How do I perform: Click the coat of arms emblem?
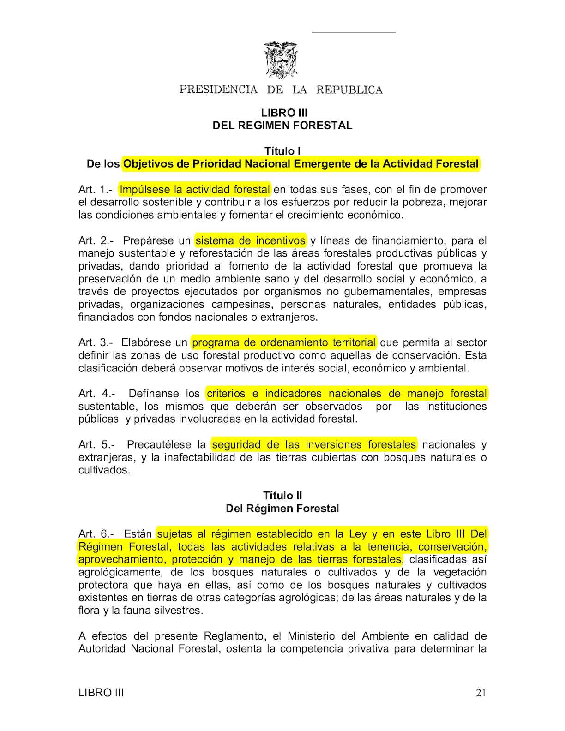pos(281,60)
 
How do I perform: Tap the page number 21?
pos(481,693)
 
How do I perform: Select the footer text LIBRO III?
pos(101,693)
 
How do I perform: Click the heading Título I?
pos(282,151)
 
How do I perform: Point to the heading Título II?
pos(282,496)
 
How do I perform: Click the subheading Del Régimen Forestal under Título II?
pos(282,509)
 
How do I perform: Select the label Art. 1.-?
pos(95,190)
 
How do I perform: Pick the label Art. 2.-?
pos(96,240)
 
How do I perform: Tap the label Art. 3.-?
pos(96,342)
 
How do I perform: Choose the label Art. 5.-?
pos(96,445)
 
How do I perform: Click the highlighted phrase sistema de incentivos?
pos(250,240)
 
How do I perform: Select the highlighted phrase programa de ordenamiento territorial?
pos(283,342)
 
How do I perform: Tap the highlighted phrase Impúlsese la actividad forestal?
pos(194,190)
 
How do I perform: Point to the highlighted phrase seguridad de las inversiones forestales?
pos(314,445)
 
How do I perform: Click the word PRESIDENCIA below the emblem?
pos(218,90)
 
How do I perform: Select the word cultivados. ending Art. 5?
pos(104,470)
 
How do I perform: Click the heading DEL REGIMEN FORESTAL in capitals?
pos(282,126)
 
